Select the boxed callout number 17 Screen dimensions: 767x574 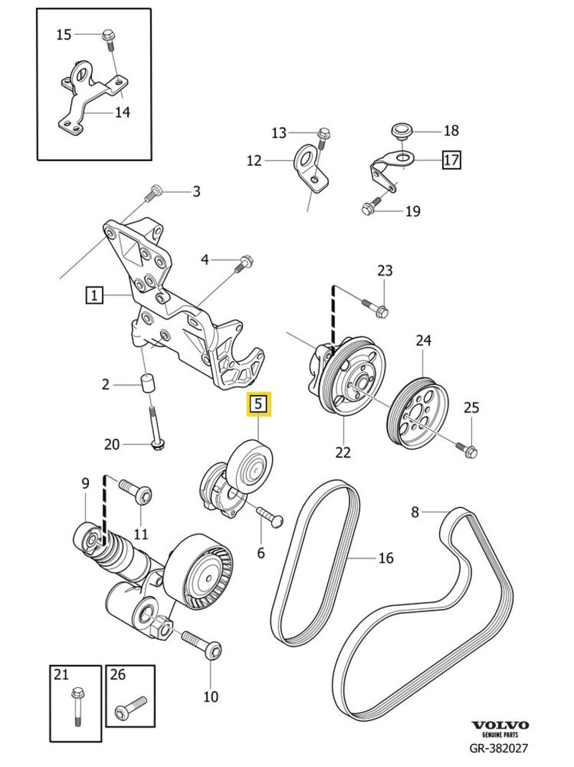[451, 159]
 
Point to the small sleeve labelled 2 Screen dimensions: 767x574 [148, 383]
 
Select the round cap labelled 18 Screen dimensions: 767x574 [400, 130]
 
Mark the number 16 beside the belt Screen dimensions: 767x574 [385, 557]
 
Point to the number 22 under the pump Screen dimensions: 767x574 [343, 452]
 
